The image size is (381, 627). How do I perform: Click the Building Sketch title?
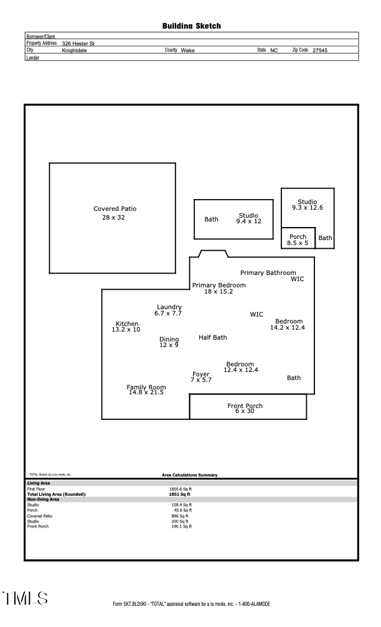coord(191,26)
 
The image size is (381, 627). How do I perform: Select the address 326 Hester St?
coord(78,44)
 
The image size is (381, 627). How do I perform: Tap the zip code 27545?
coord(319,50)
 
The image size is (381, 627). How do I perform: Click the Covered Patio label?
coord(115,209)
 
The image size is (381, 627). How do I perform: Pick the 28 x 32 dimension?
coord(113,218)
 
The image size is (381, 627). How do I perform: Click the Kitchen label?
coord(127,324)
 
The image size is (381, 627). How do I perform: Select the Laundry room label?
coord(169,307)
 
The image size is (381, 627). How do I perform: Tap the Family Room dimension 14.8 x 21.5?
coord(146,392)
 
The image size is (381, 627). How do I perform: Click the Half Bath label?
coord(213,338)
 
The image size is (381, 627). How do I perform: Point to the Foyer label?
coord(200,374)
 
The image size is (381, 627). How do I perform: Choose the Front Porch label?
coord(245,406)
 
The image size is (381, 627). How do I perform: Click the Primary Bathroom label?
coord(268,273)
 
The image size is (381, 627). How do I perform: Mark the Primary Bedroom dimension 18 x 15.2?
coord(219,291)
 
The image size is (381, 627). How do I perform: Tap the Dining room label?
coord(169,340)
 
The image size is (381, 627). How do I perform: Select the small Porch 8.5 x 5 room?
coord(298,239)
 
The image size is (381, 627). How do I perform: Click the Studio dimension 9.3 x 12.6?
coord(308,207)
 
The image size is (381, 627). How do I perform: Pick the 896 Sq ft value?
coord(179,516)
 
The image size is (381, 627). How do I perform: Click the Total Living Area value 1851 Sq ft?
coord(179,494)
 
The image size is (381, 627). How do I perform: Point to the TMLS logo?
coord(26,598)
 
